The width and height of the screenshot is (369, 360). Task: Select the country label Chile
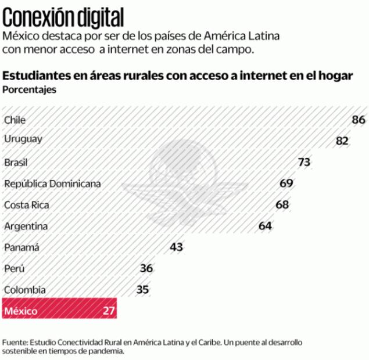[15, 120]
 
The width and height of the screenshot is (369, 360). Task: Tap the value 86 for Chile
[358, 120]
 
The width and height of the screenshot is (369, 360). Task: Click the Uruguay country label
[23, 139]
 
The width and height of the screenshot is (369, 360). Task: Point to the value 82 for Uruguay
[342, 141]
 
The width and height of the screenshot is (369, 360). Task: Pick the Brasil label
[16, 163]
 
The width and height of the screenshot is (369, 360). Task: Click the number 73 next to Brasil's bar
[304, 162]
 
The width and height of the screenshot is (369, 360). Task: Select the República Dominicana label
[52, 183]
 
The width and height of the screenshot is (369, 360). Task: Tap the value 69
[286, 183]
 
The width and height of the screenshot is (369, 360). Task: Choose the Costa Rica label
[27, 205]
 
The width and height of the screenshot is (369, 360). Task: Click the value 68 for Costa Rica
[282, 204]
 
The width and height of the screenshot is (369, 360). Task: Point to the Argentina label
[26, 226]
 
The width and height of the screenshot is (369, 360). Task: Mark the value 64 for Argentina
[266, 226]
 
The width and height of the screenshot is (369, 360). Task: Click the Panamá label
[22, 247]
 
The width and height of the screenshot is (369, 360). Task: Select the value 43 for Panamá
[177, 247]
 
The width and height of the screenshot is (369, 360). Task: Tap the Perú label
[15, 268]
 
